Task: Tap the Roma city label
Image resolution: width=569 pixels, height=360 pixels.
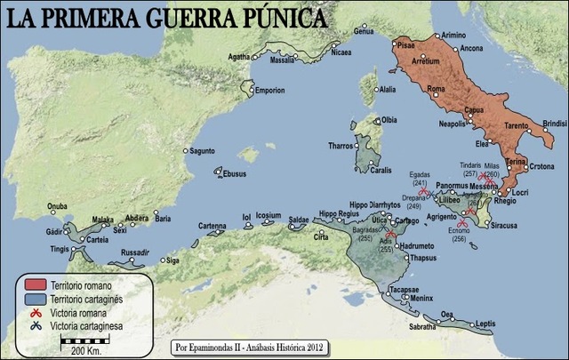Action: click(436, 90)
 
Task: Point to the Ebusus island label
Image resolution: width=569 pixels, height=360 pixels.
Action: click(234, 174)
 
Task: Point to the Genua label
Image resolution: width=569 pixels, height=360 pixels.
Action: click(364, 31)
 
